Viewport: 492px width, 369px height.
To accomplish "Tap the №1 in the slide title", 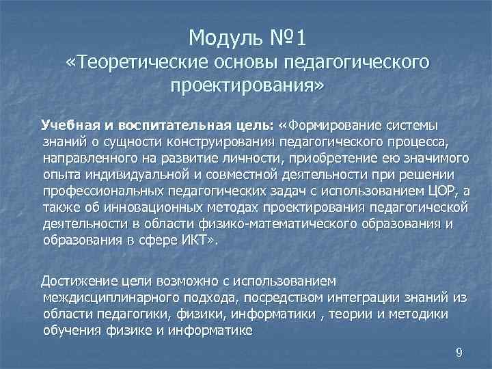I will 280,35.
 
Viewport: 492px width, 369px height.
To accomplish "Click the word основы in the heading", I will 248,62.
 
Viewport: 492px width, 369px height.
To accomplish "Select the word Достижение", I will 75,281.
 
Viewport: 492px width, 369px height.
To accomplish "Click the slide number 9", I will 459,353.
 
